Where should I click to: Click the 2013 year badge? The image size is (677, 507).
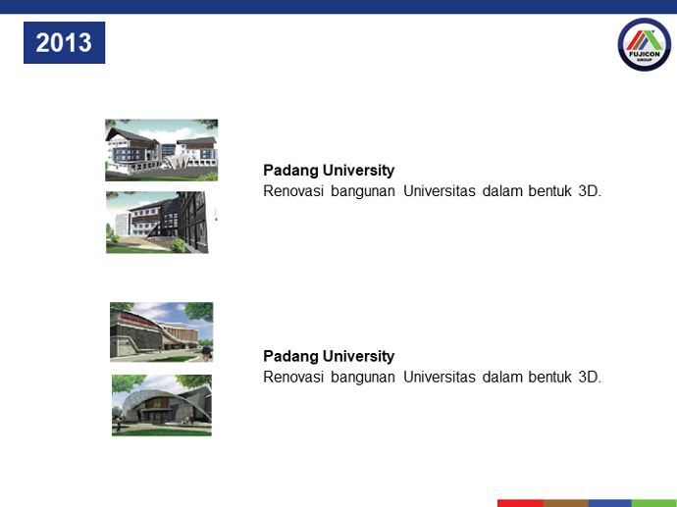tap(64, 43)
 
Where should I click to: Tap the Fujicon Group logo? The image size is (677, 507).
tap(645, 44)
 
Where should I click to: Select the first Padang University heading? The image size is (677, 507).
tap(329, 171)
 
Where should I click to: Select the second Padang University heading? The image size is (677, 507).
tap(329, 356)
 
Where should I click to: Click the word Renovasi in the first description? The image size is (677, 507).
tap(293, 190)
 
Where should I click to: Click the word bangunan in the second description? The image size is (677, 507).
tap(363, 378)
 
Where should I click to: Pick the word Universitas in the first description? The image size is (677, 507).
tap(440, 190)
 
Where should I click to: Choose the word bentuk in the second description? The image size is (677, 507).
tap(549, 378)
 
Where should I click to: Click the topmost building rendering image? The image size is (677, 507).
tap(162, 150)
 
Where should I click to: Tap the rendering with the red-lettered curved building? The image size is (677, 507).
tap(162, 331)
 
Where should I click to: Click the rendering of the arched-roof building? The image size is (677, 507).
tap(162, 405)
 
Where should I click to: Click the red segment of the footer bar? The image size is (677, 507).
tap(520, 503)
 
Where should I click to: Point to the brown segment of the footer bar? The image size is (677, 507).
tap(565, 503)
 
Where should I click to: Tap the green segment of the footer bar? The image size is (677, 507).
tap(654, 503)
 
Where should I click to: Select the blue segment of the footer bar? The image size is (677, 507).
tap(610, 503)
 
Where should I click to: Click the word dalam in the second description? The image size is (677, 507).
tap(501, 378)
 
